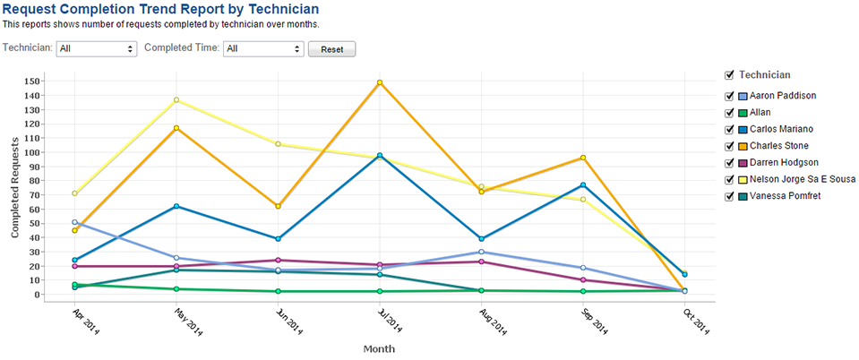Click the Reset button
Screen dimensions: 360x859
point(331,48)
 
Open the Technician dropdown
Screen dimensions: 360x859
point(96,48)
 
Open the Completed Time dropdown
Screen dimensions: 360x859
point(263,48)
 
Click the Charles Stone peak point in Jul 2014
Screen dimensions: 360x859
point(380,82)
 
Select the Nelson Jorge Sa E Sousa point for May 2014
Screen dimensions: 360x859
point(176,99)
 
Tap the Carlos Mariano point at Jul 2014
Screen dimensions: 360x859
point(380,156)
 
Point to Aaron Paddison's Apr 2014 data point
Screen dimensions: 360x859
point(74,222)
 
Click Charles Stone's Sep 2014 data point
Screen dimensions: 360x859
point(583,158)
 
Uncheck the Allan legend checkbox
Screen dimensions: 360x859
point(729,113)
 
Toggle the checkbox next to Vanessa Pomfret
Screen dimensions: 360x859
point(729,195)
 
